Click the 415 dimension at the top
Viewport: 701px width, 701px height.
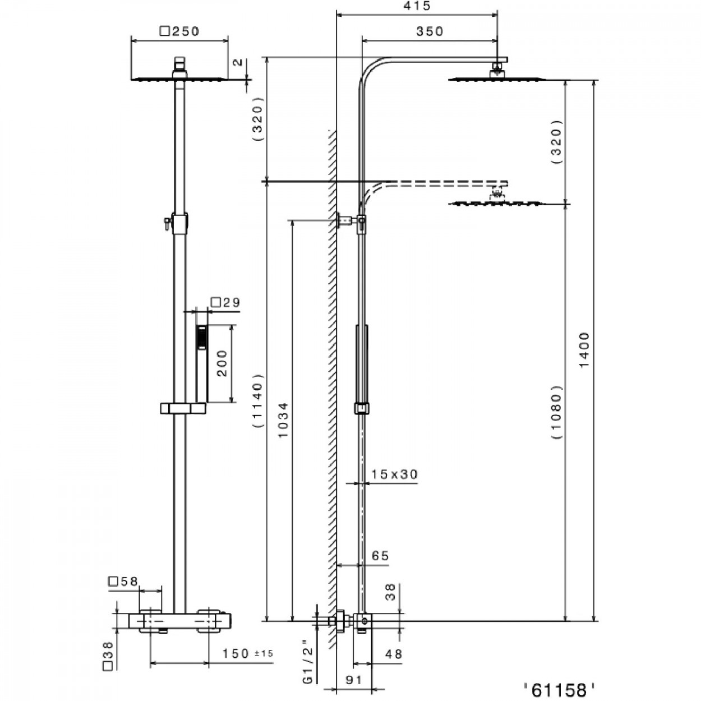[417, 7]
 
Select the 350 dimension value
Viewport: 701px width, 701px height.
[430, 32]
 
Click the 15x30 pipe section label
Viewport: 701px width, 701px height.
[395, 474]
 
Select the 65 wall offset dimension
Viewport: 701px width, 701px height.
[380, 556]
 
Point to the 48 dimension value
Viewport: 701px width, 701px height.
[394, 654]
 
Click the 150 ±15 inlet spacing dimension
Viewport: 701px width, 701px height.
[247, 653]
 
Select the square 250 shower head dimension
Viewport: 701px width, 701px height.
[179, 31]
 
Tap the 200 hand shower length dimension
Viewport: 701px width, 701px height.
[222, 363]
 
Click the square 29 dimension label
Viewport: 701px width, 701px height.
[225, 303]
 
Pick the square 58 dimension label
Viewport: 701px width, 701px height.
[123, 582]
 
